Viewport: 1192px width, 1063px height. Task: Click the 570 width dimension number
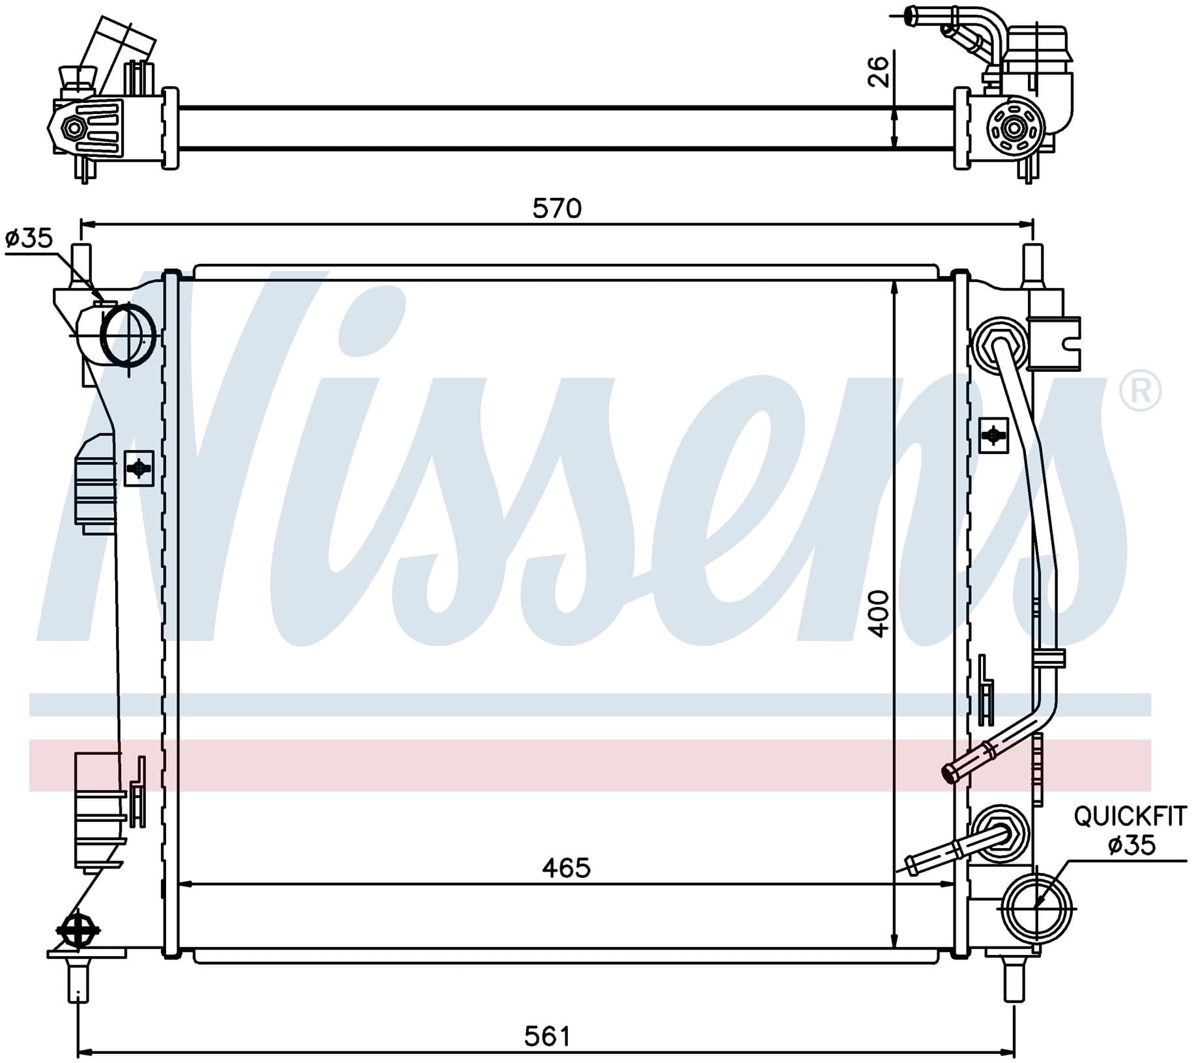557,208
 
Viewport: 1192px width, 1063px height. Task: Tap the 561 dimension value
547,1036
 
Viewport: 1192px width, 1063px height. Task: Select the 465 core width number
566,868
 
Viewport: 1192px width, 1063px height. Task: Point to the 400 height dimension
879,614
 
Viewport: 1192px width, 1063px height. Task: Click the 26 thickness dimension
879,72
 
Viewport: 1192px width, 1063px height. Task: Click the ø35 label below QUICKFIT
1132,845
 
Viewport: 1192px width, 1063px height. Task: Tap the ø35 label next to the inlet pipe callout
29,238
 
